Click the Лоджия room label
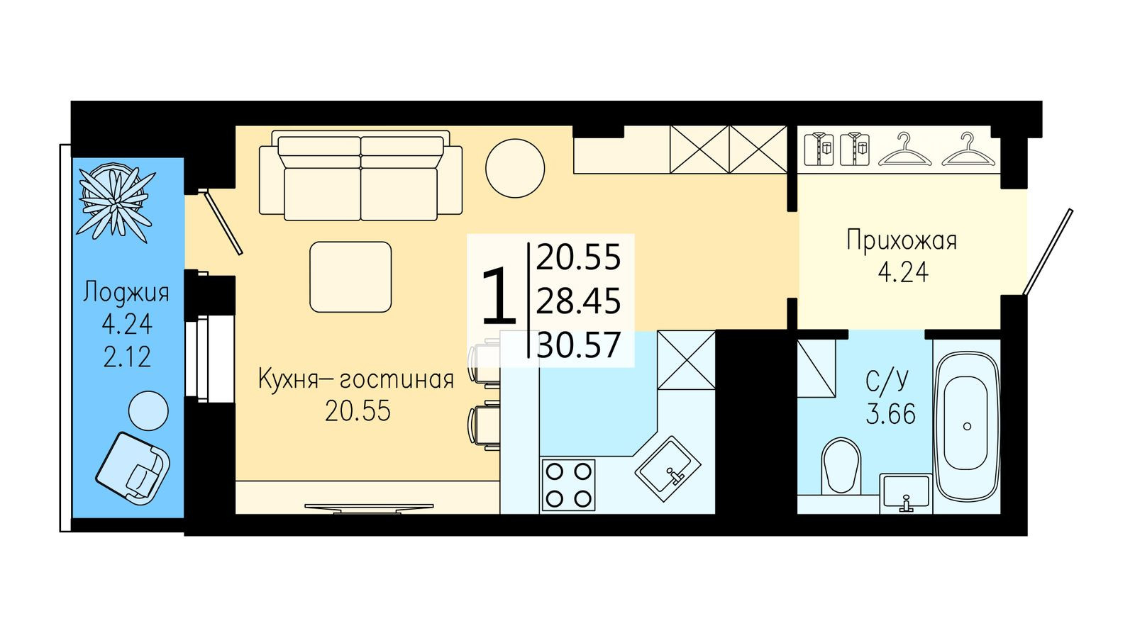coord(126,292)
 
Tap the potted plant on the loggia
coord(115,201)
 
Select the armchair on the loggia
coord(133,468)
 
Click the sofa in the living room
coord(360,177)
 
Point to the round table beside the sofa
coord(515,168)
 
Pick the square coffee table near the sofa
coord(350,277)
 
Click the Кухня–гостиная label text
coord(355,379)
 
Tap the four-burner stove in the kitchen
coord(568,485)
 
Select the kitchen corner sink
coord(668,468)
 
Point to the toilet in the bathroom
coord(841,465)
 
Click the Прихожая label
coord(902,240)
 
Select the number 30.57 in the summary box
coord(579,345)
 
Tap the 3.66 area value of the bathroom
coord(891,413)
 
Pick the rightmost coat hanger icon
coord(968,150)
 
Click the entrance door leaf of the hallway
coord(1048,252)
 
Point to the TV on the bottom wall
coord(369,508)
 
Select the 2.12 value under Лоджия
coord(127,357)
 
